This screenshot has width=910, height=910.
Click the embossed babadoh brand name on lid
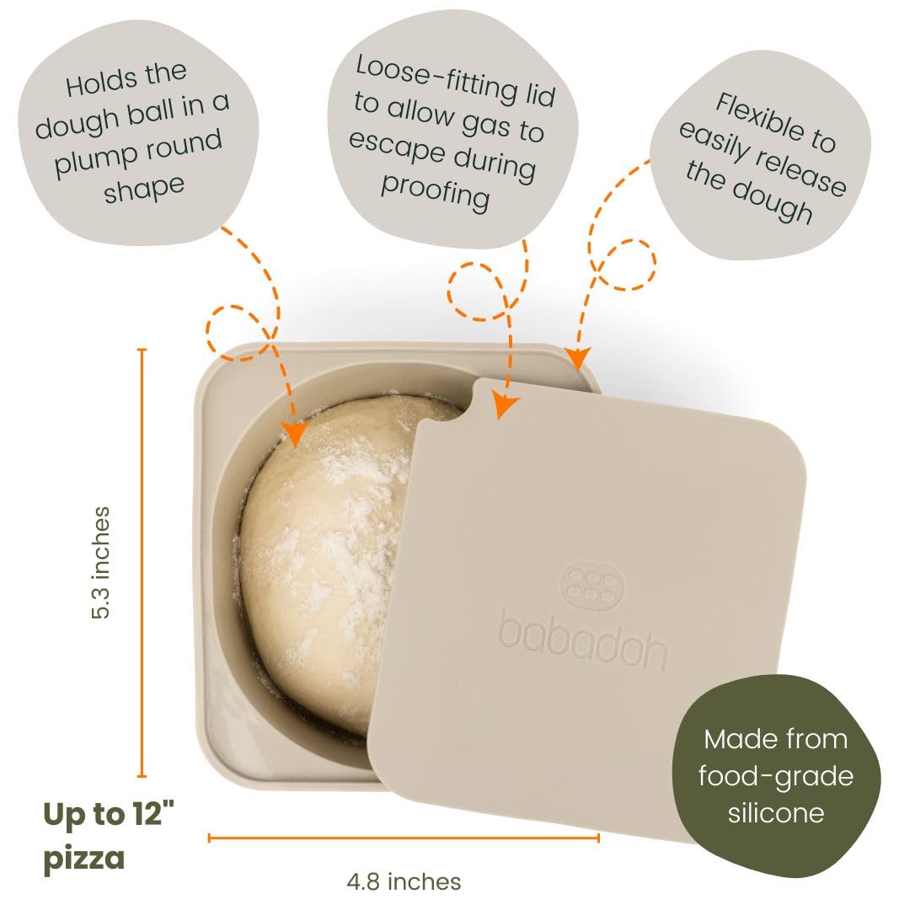583,640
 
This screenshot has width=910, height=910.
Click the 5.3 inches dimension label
100,563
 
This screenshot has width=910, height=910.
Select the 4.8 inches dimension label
404,881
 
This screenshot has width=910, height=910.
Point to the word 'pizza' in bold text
84,858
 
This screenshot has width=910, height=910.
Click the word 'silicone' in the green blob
776,812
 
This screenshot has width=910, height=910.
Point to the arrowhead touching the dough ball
295,434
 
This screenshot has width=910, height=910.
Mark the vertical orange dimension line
142,563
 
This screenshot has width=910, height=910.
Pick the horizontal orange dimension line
404,838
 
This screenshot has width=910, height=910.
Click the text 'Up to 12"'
109,813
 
